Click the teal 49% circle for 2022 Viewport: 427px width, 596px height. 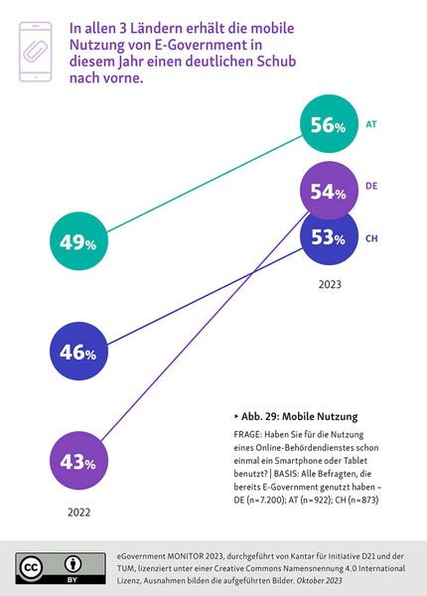[x=77, y=242]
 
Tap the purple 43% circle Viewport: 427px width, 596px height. [x=77, y=463]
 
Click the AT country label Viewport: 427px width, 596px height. [x=371, y=126]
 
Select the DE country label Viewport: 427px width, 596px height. [x=371, y=186]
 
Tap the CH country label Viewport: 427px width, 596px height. [x=371, y=238]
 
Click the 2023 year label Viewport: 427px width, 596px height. [x=331, y=285]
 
